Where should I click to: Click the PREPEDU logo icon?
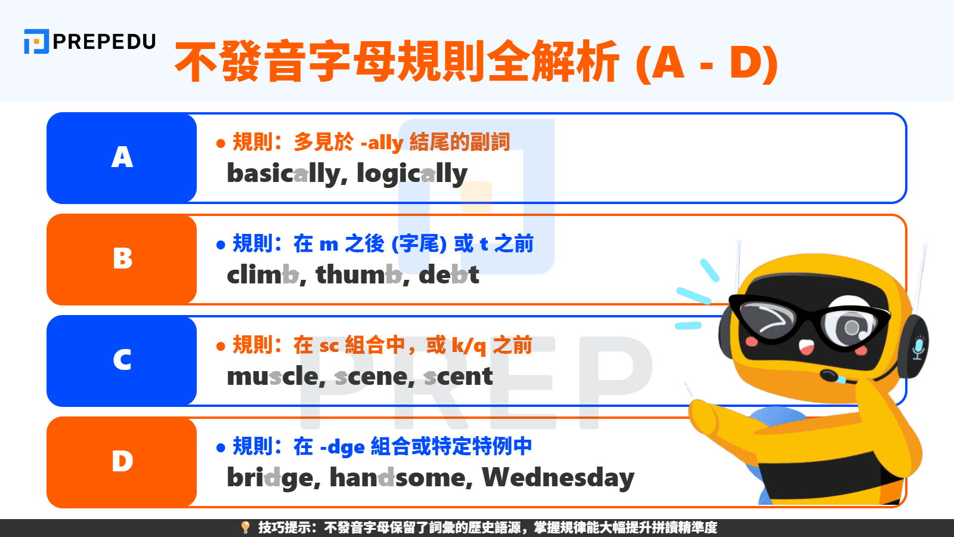point(36,42)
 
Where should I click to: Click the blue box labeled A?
point(122,158)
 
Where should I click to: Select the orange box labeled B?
point(122,259)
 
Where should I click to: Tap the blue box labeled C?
point(122,360)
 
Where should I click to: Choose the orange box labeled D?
point(122,462)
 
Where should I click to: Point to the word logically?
point(412,174)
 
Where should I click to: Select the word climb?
point(262,275)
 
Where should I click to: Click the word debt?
point(449,275)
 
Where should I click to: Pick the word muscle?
point(272,376)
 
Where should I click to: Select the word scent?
point(458,376)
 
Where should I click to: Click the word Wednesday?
point(558,478)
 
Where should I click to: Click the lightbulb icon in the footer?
point(245,527)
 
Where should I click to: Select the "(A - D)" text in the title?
point(707,62)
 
